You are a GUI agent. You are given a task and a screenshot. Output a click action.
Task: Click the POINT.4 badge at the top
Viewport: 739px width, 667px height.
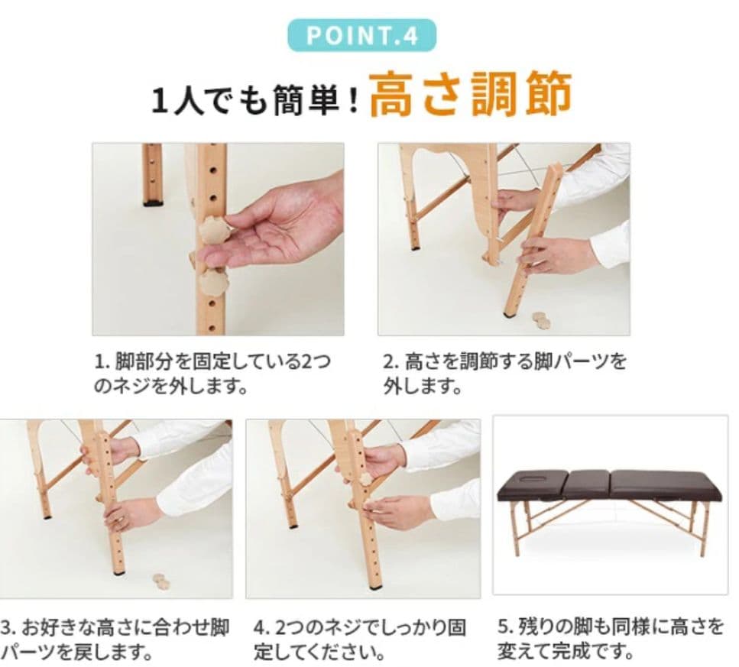[x=361, y=36]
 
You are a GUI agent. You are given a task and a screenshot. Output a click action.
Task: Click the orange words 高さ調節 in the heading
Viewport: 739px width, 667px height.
[x=470, y=96]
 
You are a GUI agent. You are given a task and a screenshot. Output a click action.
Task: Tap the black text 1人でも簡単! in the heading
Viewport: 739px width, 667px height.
[x=255, y=102]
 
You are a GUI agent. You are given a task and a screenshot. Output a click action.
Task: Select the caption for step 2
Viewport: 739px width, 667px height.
[x=504, y=373]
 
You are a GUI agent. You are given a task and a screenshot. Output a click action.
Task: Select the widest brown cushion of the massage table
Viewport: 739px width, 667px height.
[x=663, y=484]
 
